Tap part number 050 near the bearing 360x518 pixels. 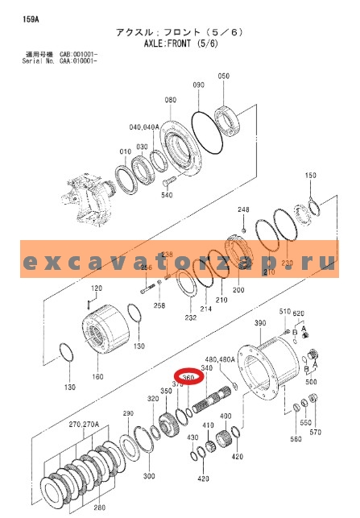tap(223, 77)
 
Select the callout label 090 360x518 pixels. tap(199, 85)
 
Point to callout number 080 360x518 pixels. tap(170, 101)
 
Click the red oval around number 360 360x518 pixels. tap(188, 376)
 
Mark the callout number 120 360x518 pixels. tap(97, 288)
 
